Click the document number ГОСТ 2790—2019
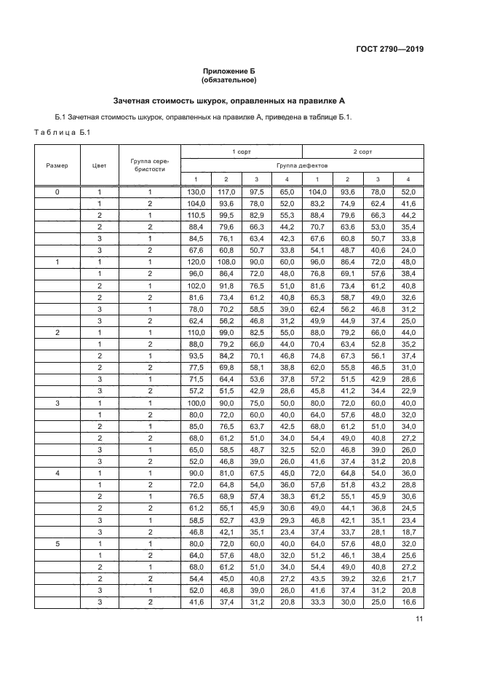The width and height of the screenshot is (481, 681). tap(390, 50)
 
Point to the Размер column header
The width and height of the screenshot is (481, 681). tap(57, 165)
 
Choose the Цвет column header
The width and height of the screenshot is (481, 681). tap(100, 165)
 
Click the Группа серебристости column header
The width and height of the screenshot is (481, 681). tap(148, 165)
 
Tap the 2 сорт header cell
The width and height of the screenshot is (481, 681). tap(362, 151)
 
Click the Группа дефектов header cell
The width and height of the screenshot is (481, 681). tap(301, 165)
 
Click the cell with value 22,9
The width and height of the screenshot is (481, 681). tap(408, 391)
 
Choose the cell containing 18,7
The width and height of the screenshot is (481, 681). tap(408, 533)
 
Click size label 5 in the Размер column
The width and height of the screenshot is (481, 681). tap(57, 545)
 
